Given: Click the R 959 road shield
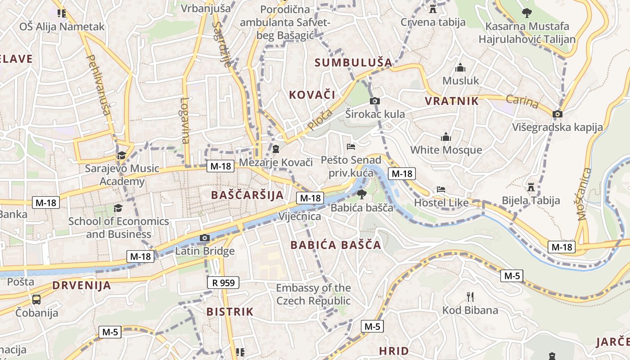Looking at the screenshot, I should [223, 283].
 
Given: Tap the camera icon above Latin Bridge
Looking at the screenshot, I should [205, 238].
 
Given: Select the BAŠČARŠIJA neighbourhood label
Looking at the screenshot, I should [247, 195].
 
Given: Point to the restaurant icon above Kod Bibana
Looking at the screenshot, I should [470, 297].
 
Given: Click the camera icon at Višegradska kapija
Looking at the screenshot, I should [558, 114].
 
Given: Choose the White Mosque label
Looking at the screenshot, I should [446, 150].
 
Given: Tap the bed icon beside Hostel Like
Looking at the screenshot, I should [441, 189].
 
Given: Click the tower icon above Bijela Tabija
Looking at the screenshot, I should [531, 187].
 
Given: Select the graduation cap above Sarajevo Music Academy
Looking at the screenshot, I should [121, 155].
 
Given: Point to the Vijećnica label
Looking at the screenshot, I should [300, 216].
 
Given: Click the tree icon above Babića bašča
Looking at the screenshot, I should [361, 194].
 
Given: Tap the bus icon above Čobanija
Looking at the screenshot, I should [36, 299].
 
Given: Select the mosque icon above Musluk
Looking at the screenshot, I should [460, 68].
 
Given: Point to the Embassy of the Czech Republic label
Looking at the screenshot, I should [313, 294].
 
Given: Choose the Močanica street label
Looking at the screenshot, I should [584, 193].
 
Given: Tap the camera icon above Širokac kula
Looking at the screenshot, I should [375, 101].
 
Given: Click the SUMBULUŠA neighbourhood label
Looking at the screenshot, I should [353, 63].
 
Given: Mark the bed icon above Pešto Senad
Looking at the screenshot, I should [351, 146].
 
